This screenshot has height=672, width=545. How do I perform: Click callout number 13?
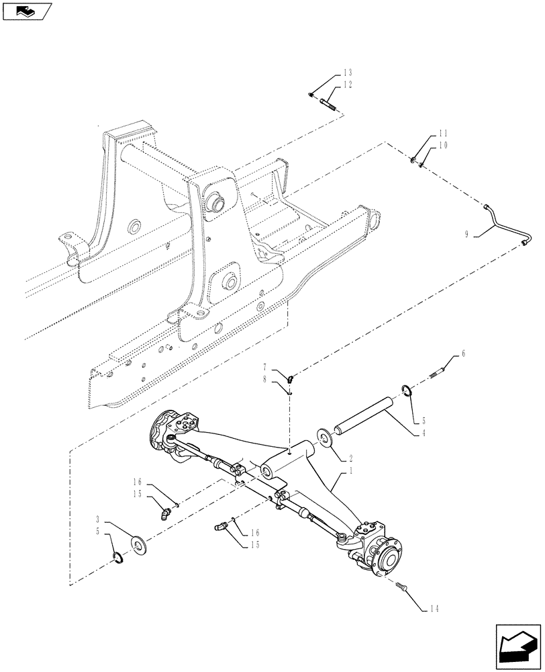348,73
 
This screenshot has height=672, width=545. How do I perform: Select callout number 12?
348,85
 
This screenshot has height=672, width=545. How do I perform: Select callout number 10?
424,145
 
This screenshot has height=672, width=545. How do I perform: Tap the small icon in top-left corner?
27,11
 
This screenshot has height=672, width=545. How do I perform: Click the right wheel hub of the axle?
388,555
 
